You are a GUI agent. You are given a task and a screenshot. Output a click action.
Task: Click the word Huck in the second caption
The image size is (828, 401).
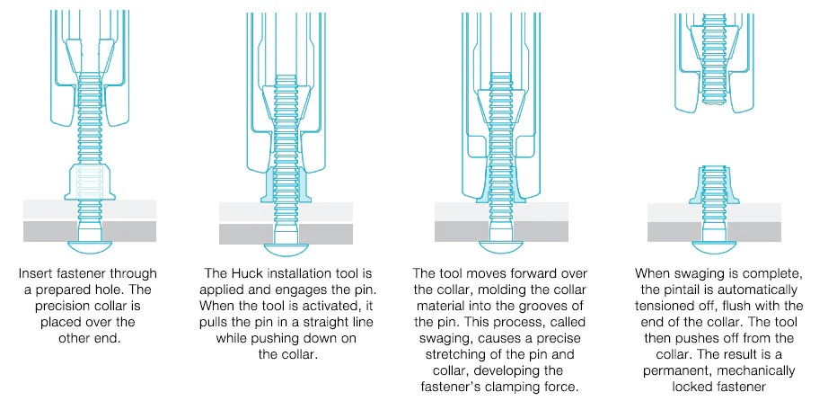point(244,273)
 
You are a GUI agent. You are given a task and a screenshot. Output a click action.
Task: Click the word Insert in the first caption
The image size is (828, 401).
point(35,273)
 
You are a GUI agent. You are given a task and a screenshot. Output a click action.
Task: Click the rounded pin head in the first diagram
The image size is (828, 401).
point(90,246)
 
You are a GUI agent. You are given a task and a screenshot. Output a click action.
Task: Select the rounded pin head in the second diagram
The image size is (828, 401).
point(286,249)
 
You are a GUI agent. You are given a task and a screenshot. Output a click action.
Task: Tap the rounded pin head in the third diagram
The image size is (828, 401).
point(501,247)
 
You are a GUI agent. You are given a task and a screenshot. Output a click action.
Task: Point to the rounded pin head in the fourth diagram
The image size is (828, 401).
point(714,247)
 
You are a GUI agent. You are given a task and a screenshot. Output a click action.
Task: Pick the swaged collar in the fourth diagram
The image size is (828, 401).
point(714,186)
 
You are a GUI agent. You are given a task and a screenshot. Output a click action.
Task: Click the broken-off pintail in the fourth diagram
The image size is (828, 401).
point(714,59)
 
